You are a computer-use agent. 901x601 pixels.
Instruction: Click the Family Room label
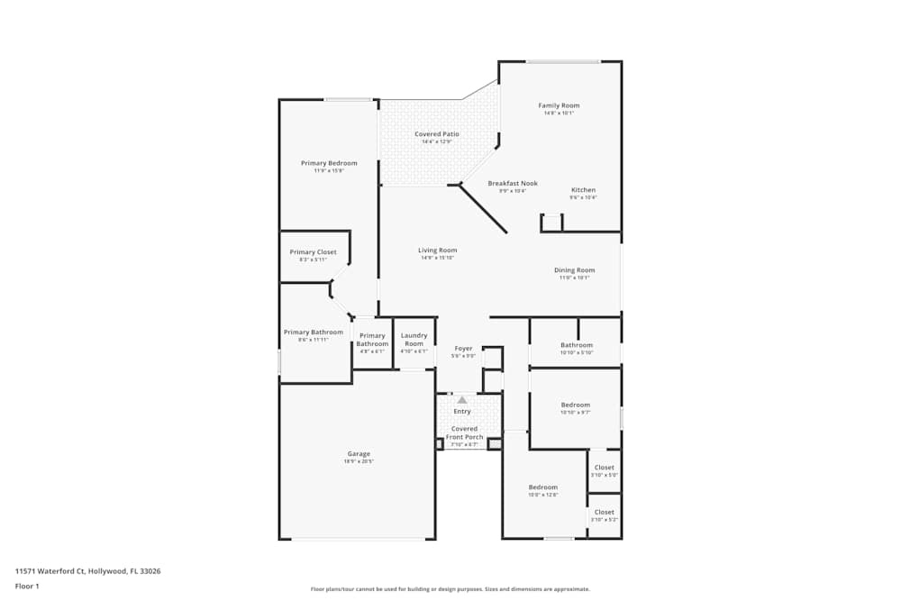click(x=559, y=105)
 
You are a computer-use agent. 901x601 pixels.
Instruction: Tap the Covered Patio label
click(x=437, y=134)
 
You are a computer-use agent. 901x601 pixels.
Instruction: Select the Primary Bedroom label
click(x=329, y=163)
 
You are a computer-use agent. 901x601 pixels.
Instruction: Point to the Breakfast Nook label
click(x=513, y=183)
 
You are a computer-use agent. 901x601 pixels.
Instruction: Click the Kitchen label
click(x=583, y=190)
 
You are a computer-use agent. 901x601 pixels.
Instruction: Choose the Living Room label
click(x=437, y=250)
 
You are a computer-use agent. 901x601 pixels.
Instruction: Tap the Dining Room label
click(x=574, y=270)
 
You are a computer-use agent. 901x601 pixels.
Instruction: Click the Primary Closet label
click(x=313, y=252)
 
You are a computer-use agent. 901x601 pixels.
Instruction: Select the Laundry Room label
click(x=414, y=340)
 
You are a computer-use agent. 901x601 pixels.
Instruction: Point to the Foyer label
click(x=463, y=349)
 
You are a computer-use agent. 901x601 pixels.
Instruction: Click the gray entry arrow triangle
click(x=462, y=399)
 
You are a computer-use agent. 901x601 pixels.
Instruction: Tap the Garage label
click(x=359, y=454)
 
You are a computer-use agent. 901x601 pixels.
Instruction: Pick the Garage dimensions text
click(x=359, y=462)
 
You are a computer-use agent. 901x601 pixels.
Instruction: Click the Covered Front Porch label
click(x=465, y=433)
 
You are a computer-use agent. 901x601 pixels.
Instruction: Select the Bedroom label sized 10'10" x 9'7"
click(x=576, y=405)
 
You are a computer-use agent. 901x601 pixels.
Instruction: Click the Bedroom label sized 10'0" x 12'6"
click(x=542, y=487)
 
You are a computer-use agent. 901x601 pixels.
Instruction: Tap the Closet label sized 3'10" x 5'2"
click(x=604, y=512)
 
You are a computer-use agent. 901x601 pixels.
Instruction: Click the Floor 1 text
click(x=27, y=587)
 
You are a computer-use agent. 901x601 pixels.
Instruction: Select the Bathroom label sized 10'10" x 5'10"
click(x=577, y=345)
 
